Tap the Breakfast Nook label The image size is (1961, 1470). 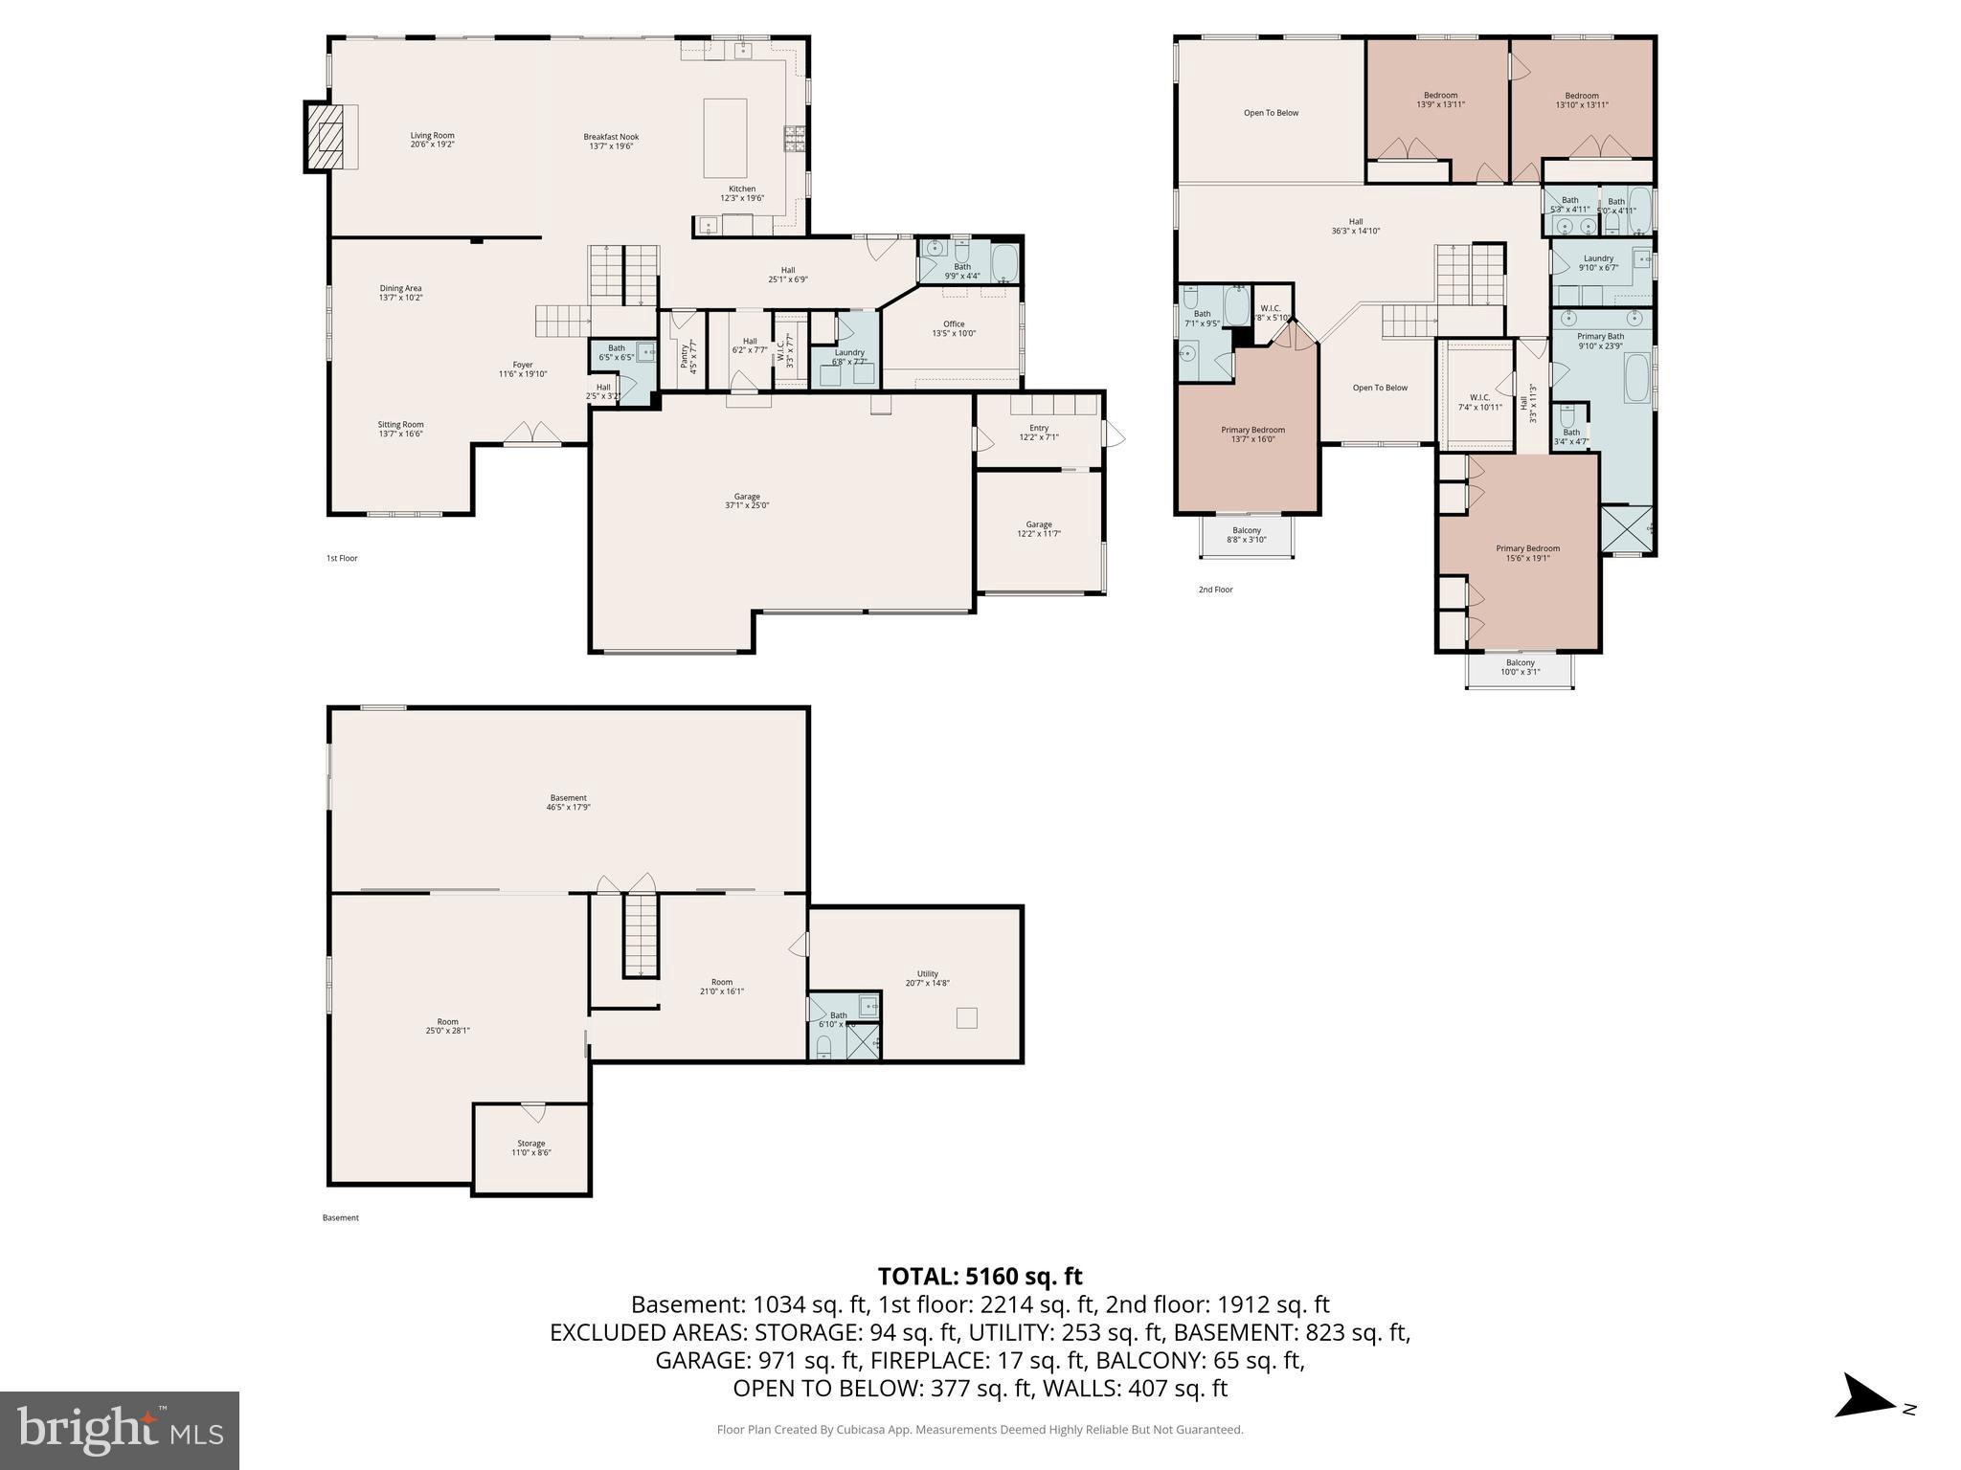pyautogui.click(x=611, y=141)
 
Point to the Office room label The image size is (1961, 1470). pyautogui.click(x=954, y=328)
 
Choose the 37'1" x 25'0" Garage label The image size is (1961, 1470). pyautogui.click(x=747, y=501)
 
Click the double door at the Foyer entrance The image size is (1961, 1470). pyautogui.click(x=533, y=434)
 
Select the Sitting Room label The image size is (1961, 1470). pyautogui.click(x=400, y=429)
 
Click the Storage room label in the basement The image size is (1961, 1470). pyautogui.click(x=531, y=1147)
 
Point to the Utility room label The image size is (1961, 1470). pyautogui.click(x=928, y=978)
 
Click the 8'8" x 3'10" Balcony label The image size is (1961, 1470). pyautogui.click(x=1247, y=534)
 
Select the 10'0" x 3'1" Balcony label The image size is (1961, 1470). pyautogui.click(x=1521, y=667)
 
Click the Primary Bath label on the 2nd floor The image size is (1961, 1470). pyautogui.click(x=1601, y=341)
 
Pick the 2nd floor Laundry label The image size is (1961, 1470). pyautogui.click(x=1599, y=262)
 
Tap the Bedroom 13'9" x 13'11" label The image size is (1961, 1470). pyautogui.click(x=1440, y=100)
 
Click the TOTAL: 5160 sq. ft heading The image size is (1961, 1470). pyautogui.click(x=980, y=1276)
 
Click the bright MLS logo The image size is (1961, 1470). pyautogui.click(x=120, y=1430)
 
